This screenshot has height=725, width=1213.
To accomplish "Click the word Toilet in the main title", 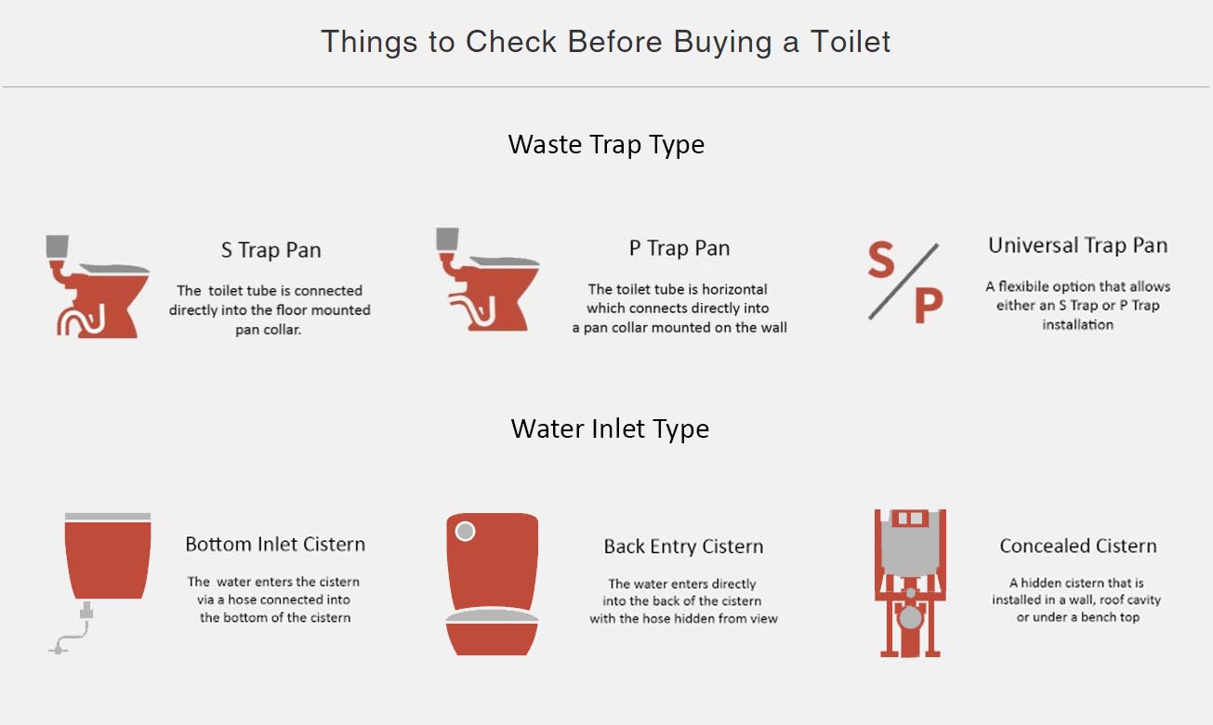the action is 850,42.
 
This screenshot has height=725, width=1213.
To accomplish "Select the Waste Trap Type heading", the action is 606,145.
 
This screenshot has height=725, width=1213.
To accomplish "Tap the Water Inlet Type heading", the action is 610,428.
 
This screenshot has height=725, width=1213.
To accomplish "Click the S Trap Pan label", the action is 270,250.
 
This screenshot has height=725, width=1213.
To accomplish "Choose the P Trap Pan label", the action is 679,248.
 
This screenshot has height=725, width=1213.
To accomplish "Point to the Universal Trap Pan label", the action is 1077,245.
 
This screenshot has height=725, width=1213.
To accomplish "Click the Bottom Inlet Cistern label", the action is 275,544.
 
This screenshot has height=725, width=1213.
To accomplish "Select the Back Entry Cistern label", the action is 683,547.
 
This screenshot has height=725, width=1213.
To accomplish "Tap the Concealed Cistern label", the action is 1077,546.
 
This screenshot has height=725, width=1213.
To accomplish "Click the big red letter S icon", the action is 880,259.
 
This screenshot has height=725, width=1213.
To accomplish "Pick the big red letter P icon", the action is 929,305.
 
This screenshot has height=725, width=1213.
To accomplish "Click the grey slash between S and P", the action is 903,282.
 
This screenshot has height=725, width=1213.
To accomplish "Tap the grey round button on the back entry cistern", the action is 465,531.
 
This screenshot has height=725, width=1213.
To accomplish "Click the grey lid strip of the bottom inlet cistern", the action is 108,517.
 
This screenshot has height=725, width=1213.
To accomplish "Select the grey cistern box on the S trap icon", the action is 57,246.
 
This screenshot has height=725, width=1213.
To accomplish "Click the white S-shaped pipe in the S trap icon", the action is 82,321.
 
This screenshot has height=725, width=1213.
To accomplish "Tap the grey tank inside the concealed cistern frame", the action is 910,544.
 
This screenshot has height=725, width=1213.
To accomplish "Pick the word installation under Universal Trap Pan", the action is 1077,324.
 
